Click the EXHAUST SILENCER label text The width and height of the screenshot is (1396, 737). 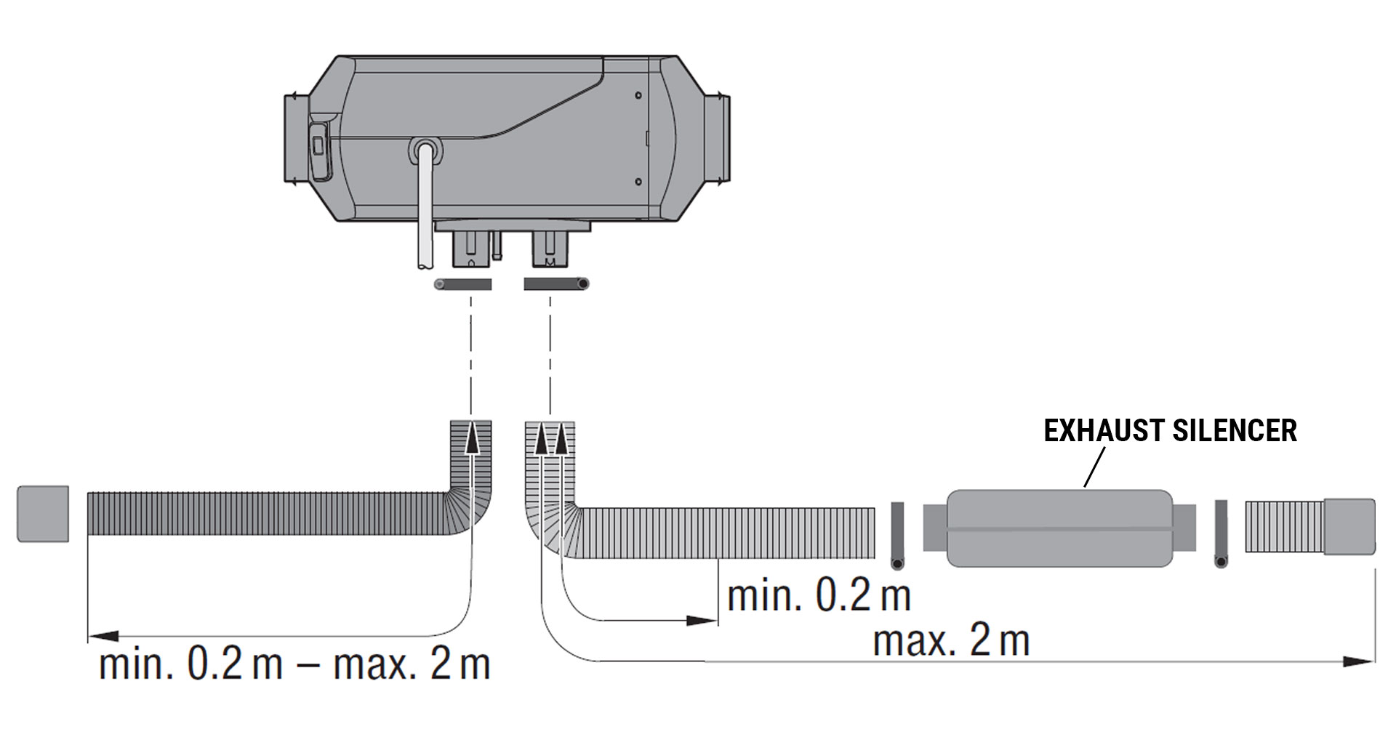[x=1170, y=430]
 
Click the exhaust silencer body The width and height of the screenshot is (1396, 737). [x=1059, y=528]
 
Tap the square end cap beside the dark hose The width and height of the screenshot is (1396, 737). [x=43, y=514]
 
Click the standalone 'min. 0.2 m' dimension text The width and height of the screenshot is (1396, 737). [x=819, y=596]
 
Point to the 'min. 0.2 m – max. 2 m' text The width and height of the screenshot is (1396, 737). [x=294, y=664]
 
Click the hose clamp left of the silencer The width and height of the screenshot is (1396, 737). [x=897, y=536]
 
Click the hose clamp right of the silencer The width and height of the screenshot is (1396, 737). [x=1221, y=534]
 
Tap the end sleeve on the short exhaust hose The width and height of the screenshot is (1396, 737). [x=1349, y=527]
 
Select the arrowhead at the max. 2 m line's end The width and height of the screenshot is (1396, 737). [x=1358, y=661]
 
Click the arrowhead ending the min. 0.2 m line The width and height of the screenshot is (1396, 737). [x=702, y=621]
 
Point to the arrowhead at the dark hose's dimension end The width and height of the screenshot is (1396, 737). [x=103, y=636]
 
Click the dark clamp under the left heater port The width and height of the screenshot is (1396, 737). [x=463, y=284]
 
